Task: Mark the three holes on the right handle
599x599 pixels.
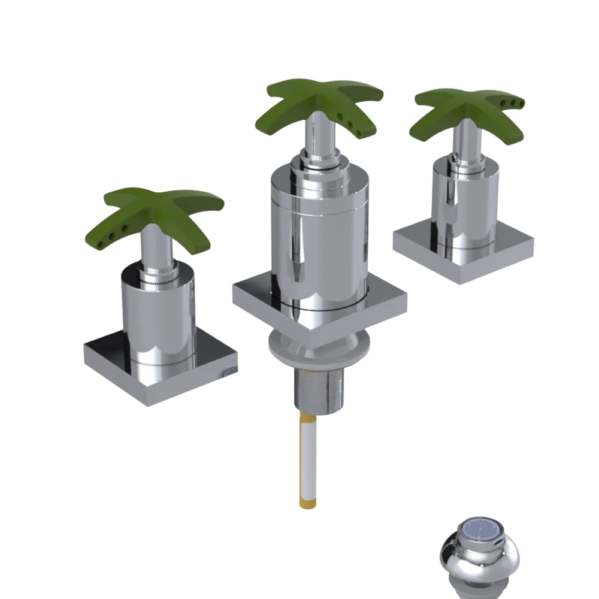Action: tap(514, 104)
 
